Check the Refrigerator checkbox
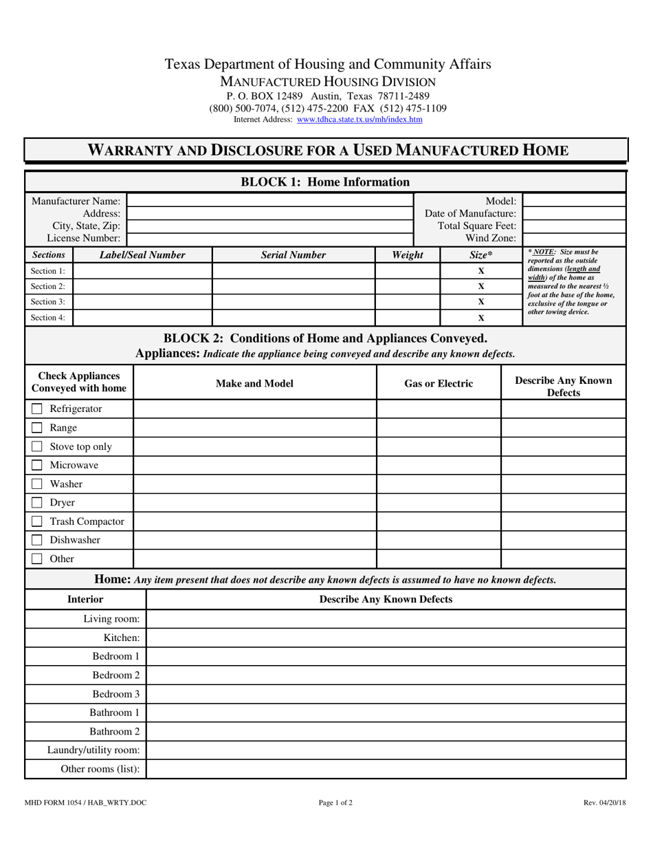(37, 409)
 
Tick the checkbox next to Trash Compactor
(37, 521)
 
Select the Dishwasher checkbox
(37, 541)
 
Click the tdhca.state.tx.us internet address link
(359, 120)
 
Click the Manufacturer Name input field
(271, 200)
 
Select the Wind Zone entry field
(574, 239)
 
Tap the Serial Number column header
(294, 255)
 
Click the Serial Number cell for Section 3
(294, 302)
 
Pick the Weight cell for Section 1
(408, 271)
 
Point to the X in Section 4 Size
(481, 318)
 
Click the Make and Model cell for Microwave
(254, 466)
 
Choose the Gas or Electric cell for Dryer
(439, 503)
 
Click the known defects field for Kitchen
(386, 638)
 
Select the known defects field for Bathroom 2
(386, 731)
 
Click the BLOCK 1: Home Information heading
(325, 182)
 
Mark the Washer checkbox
(37, 484)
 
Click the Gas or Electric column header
(439, 384)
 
